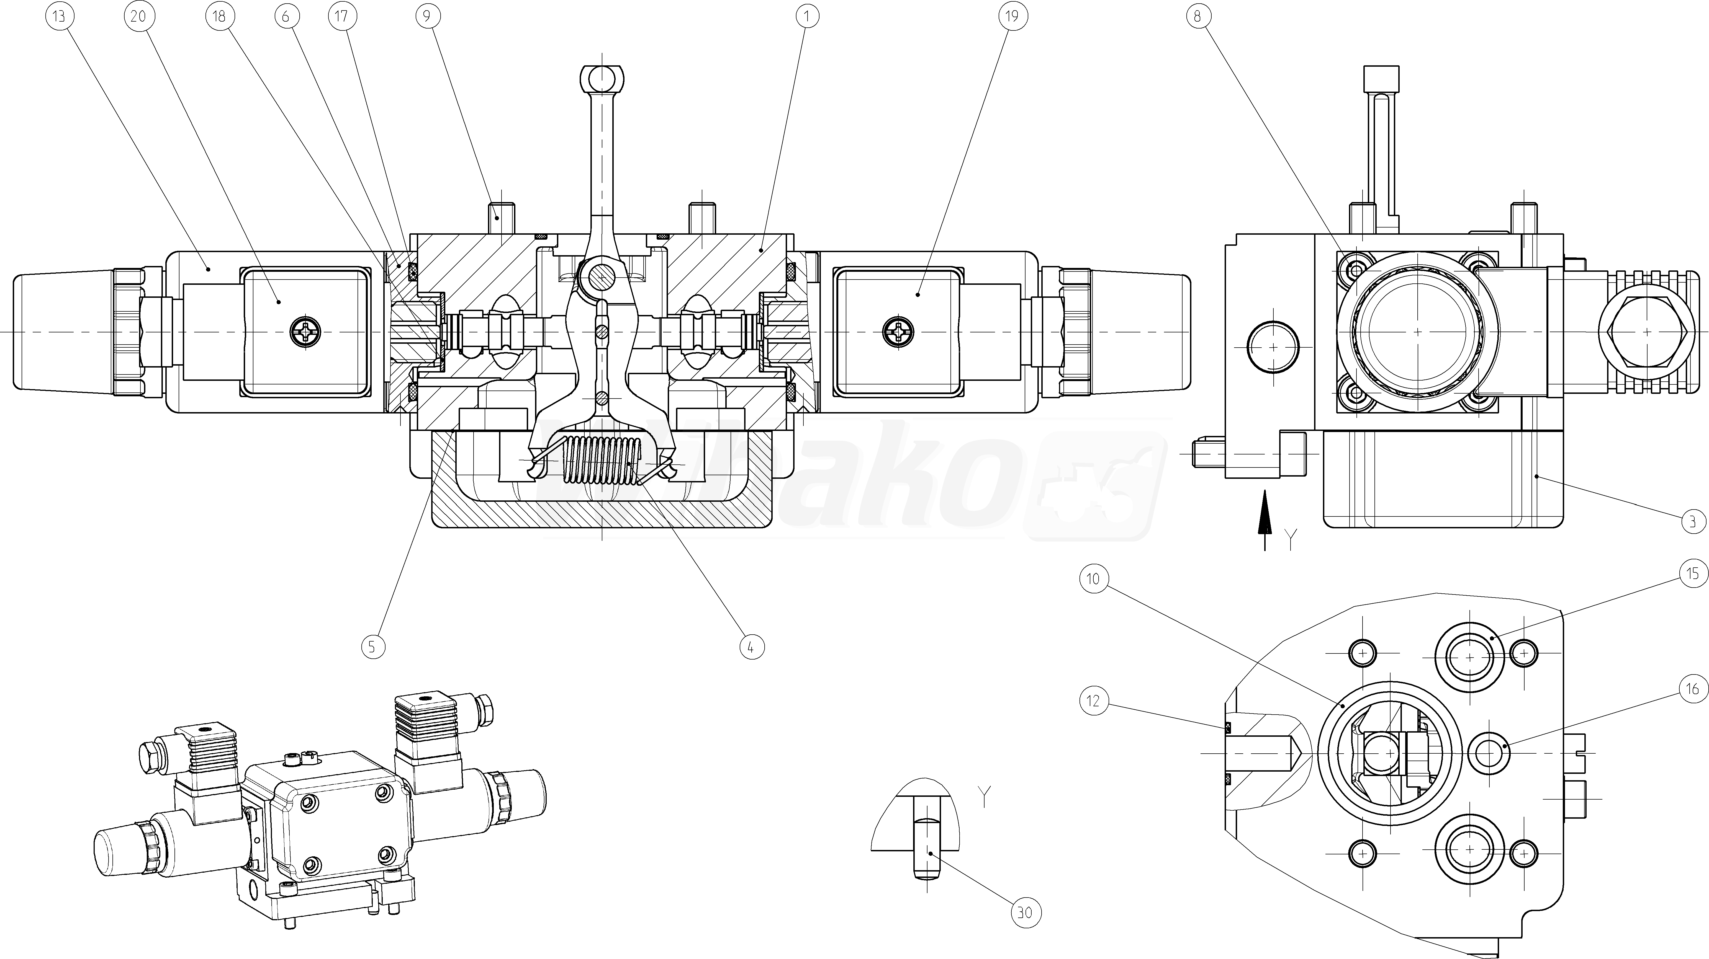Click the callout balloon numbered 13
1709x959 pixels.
point(59,16)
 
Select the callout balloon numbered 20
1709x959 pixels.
point(138,16)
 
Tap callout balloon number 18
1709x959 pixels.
point(220,16)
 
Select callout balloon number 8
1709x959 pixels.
point(1197,16)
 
